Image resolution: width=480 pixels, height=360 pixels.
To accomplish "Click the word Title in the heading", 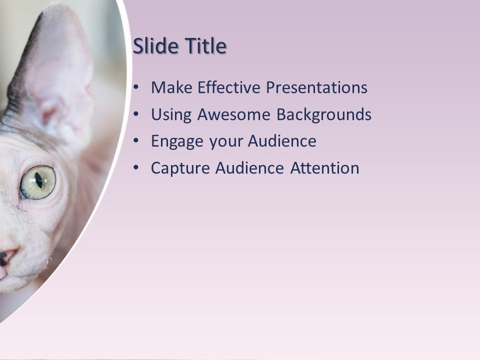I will coord(206,46).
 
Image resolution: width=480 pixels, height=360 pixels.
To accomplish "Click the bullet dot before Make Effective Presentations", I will coord(137,88).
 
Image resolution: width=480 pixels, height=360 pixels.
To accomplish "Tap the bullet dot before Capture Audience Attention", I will coord(137,168).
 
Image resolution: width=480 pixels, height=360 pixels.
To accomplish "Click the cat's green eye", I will coord(37,182).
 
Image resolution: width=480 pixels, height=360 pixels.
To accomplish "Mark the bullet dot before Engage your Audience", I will coord(137,141).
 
